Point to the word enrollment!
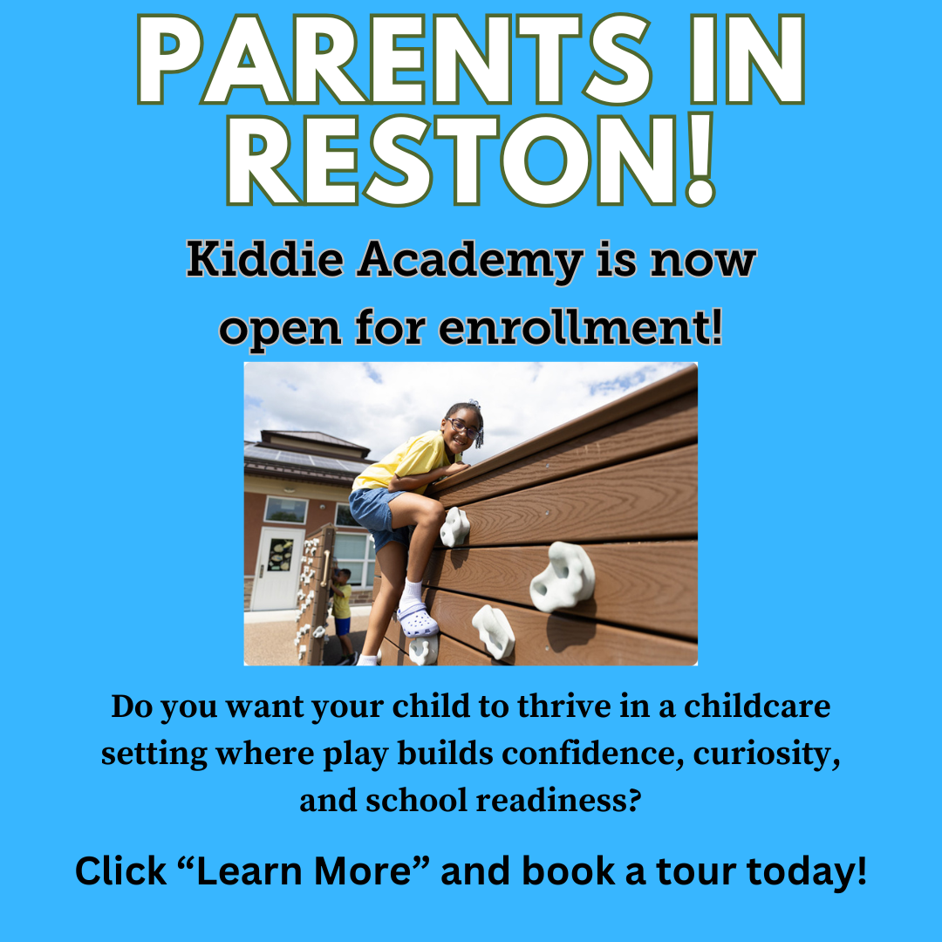coord(581,328)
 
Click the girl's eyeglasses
coord(463,428)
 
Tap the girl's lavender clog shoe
coord(417,620)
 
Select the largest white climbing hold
coord(563,577)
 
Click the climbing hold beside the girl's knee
coord(454,527)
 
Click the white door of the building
coord(278,568)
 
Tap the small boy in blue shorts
coord(342,611)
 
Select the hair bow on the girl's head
coord(474,405)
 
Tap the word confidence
coord(592,754)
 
